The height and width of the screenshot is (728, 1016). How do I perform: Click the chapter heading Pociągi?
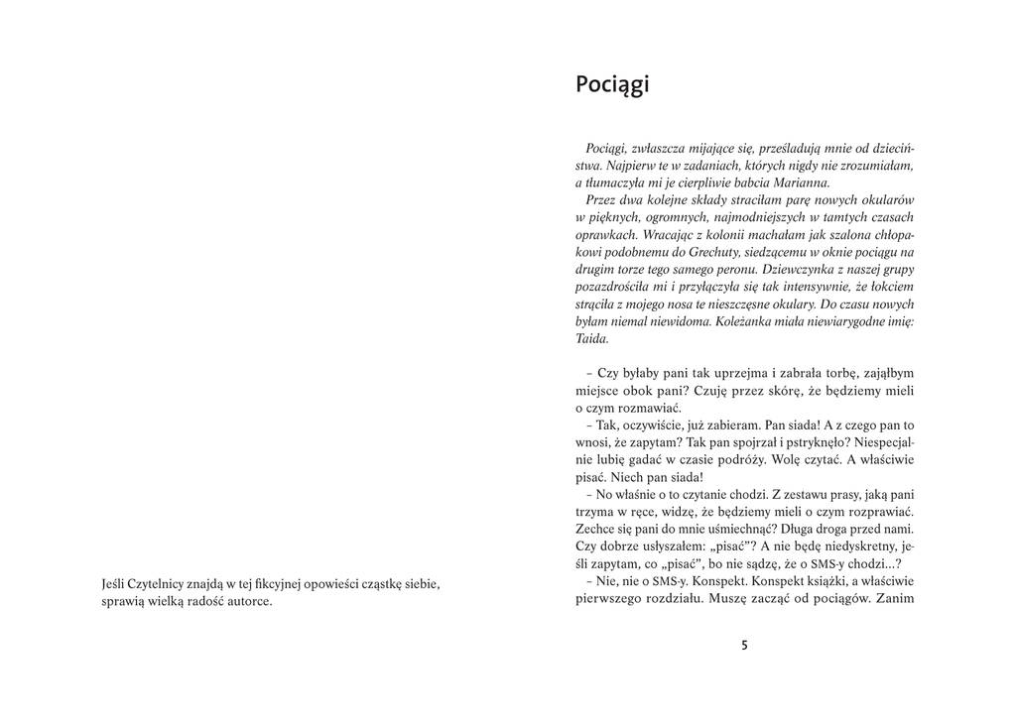pyautogui.click(x=612, y=85)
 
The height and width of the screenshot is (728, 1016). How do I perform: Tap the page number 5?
pyautogui.click(x=744, y=645)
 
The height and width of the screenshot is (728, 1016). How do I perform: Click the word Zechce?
pyautogui.click(x=594, y=529)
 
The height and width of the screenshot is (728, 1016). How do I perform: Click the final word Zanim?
pyautogui.click(x=895, y=599)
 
